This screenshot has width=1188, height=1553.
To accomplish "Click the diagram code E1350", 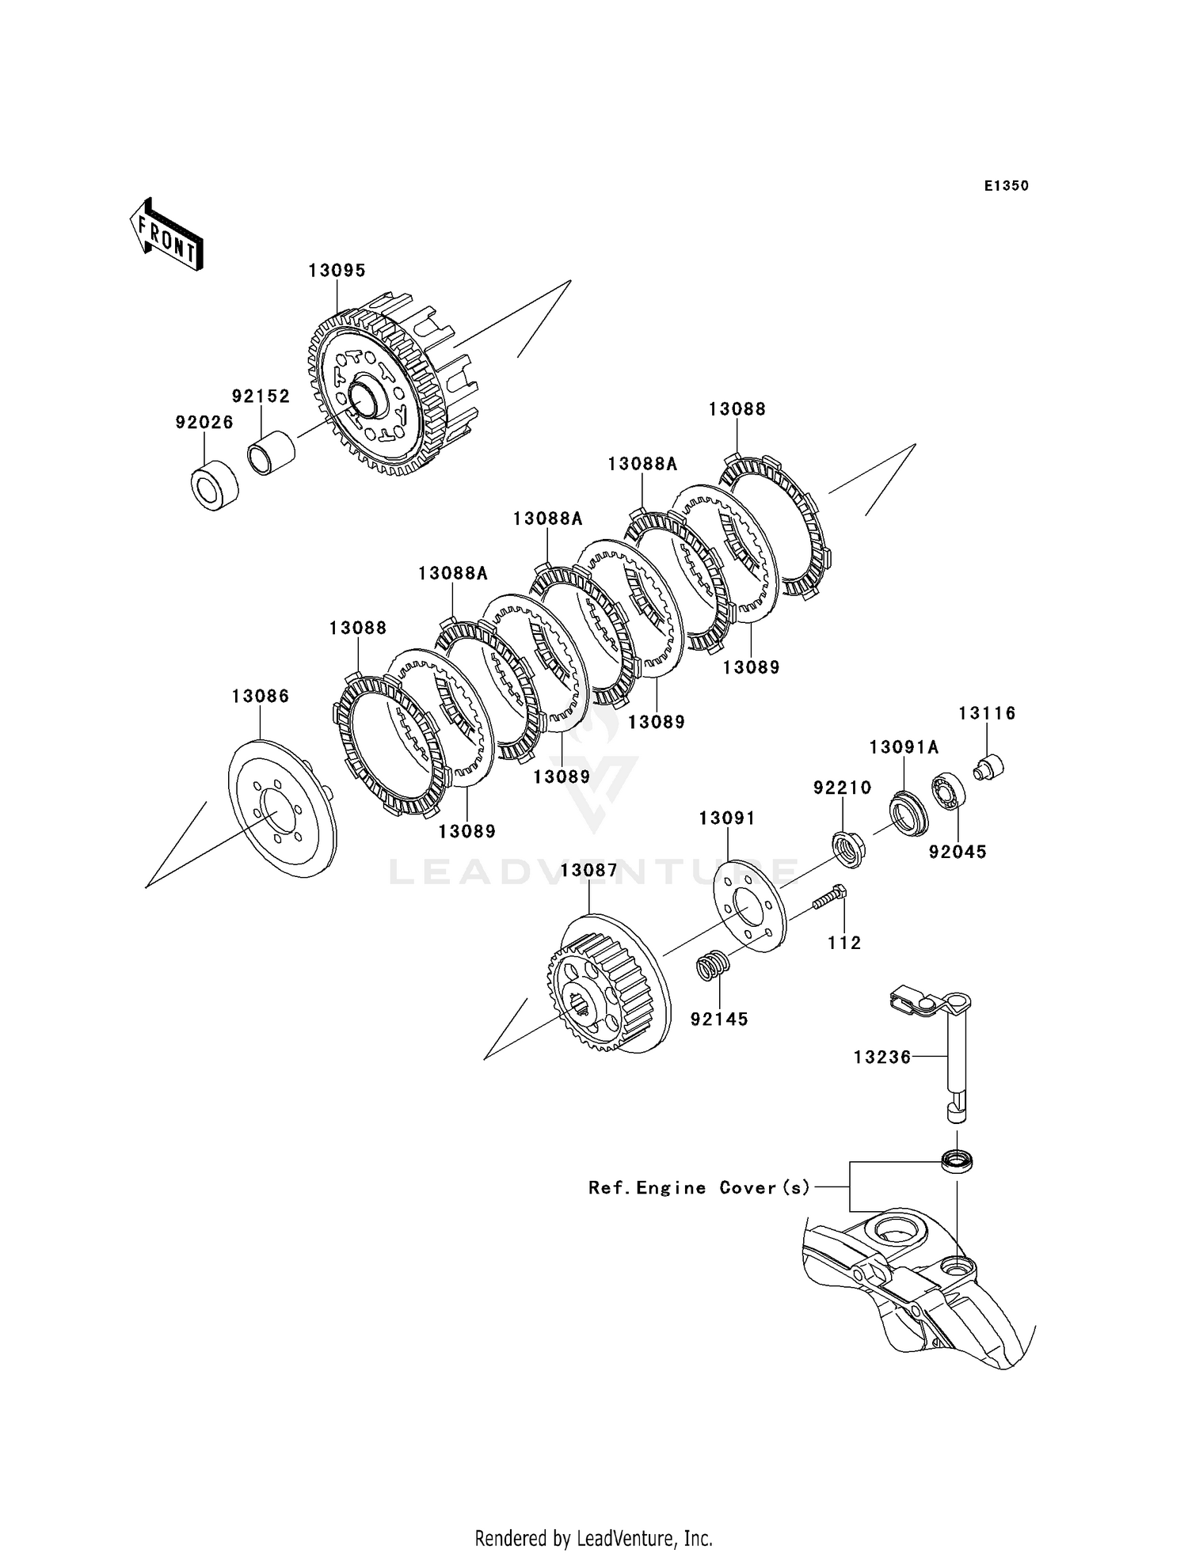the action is click(1006, 186).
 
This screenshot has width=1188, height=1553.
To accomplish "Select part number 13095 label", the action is click(337, 271).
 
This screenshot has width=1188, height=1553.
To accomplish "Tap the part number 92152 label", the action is click(261, 396).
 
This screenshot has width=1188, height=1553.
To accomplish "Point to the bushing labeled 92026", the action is click(215, 486).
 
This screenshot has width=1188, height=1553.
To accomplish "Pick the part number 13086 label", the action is click(261, 696).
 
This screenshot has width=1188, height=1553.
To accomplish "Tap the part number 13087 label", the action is click(588, 870).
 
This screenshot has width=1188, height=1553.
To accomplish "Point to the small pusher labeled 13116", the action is click(988, 766).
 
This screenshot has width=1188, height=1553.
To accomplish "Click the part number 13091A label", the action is click(904, 746).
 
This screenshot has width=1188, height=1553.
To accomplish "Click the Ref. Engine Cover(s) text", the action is click(699, 1187).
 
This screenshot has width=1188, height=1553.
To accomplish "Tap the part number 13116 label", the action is click(987, 713).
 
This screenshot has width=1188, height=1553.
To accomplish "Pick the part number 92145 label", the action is click(719, 1019).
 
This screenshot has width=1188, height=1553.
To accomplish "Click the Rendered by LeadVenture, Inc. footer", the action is click(594, 1538).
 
